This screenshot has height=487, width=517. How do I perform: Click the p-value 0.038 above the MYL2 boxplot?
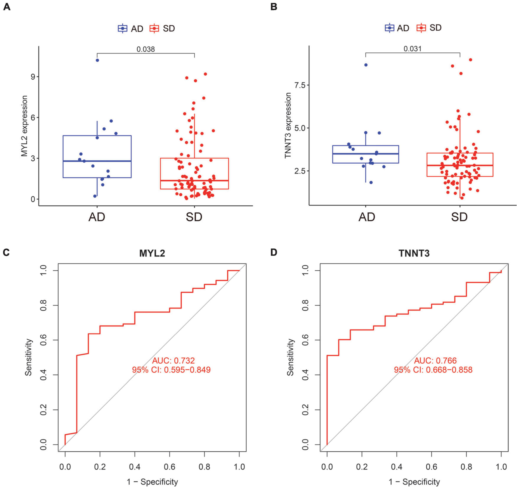pos(146,49)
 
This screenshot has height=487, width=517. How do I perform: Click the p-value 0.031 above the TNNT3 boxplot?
pos(412,49)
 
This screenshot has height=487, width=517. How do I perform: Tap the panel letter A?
pos(7,7)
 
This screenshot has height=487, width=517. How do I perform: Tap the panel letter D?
pos(274,252)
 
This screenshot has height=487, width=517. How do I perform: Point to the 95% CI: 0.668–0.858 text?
pos(433,370)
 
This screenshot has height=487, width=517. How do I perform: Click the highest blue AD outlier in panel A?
pos(97,60)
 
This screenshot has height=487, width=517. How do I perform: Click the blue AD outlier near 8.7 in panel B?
pos(366,65)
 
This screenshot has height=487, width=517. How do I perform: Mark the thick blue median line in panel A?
pos(97,161)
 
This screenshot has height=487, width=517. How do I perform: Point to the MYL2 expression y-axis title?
pos(24,126)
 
